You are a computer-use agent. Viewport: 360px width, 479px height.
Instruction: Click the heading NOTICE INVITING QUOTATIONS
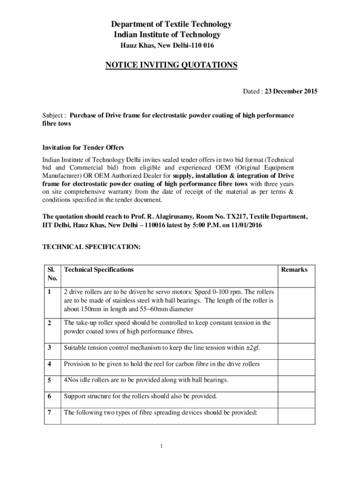pyautogui.click(x=171, y=65)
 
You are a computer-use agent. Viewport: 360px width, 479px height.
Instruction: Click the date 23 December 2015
pyautogui.click(x=291, y=92)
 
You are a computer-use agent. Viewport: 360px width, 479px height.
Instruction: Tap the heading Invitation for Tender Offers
pyautogui.click(x=83, y=148)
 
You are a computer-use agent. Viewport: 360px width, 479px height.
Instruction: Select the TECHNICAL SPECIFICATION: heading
pyautogui.click(x=91, y=247)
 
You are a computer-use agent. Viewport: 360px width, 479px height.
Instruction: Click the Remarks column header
pyautogui.click(x=294, y=270)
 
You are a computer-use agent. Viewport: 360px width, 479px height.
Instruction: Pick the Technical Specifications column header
pyautogui.click(x=99, y=270)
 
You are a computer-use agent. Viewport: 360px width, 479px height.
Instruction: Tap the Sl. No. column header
pyautogui.click(x=52, y=274)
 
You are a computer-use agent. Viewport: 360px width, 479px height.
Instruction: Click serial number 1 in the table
pyautogui.click(x=49, y=292)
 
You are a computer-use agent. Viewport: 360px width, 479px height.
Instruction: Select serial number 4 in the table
pyautogui.click(x=49, y=364)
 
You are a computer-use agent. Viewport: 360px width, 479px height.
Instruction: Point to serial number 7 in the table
pyautogui.click(x=49, y=413)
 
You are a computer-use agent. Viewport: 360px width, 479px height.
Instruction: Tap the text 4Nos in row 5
pyautogui.click(x=72, y=380)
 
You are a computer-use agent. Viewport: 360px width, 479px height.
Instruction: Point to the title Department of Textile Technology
pyautogui.click(x=171, y=24)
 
